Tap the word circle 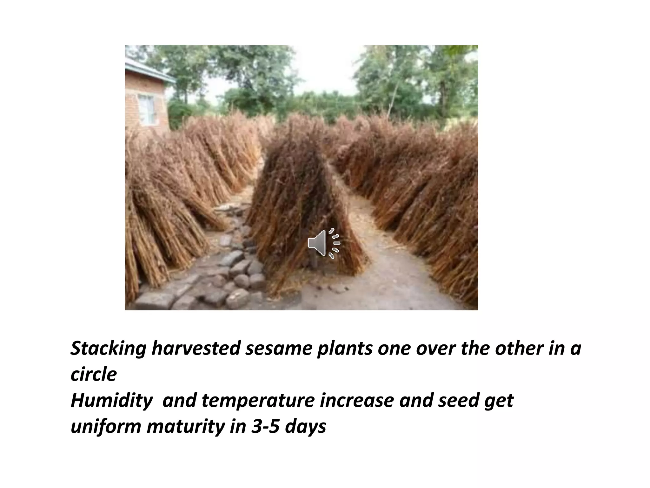[x=94, y=375]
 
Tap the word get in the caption [x=501, y=401]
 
